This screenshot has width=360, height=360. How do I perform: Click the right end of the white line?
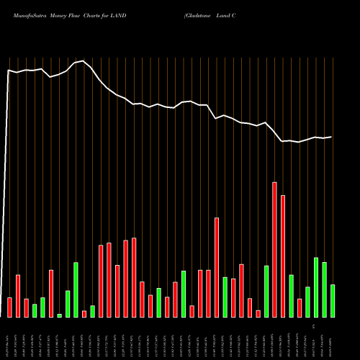332,137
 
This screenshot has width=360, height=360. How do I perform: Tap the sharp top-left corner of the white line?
9,70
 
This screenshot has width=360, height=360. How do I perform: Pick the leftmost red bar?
9,307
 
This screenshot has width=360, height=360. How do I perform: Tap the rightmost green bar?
332,300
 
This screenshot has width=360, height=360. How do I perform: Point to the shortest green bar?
59,315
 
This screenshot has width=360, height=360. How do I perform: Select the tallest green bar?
315,287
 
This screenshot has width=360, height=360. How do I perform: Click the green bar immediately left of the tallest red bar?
266,291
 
